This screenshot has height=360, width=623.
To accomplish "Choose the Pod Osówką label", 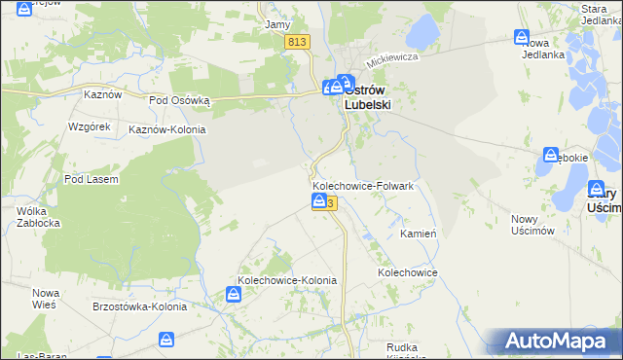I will click(179, 99).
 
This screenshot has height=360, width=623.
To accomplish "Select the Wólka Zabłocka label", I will click(40, 217).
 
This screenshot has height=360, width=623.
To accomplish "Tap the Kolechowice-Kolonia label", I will click(281, 280).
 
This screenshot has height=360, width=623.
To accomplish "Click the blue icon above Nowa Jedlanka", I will click(522, 37).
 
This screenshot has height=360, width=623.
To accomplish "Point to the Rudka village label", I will click(403, 347).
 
